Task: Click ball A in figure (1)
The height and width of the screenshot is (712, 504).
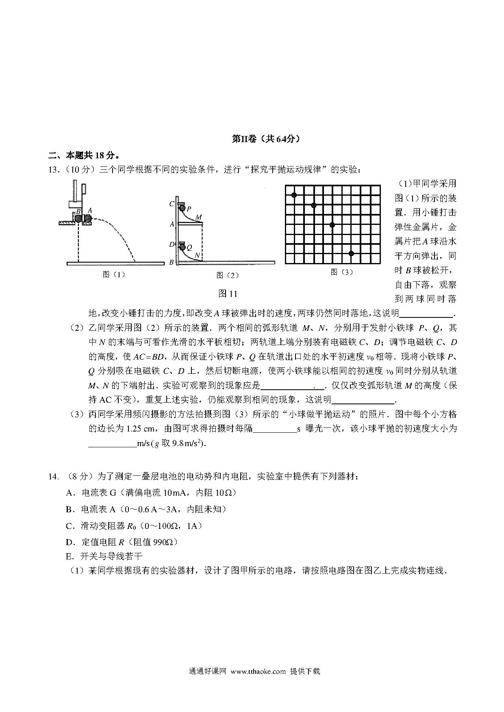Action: [x=87, y=219]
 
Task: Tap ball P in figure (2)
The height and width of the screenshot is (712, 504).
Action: [x=182, y=209]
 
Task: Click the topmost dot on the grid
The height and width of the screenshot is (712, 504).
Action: [x=294, y=195]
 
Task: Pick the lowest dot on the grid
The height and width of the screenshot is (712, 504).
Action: [x=351, y=253]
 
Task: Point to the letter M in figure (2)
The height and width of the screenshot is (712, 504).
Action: [x=198, y=218]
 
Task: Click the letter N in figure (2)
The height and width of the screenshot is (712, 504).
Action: [x=197, y=255]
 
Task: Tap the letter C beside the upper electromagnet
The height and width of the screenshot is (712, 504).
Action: [x=172, y=204]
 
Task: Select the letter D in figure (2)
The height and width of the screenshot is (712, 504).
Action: [x=172, y=244]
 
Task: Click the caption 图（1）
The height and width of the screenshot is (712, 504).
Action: [x=114, y=274]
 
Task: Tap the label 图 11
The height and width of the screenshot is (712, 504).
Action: [x=228, y=293]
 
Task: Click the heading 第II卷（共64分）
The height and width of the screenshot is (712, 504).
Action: [x=266, y=139]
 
